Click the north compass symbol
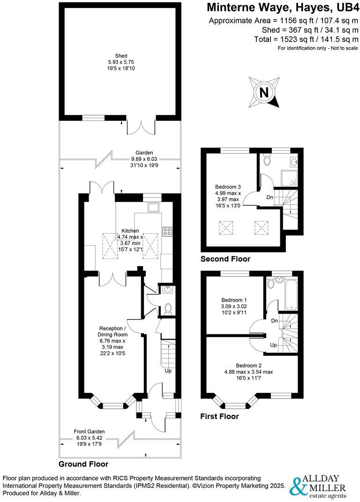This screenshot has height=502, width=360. click(265, 92)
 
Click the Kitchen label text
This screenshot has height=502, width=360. click(130, 230)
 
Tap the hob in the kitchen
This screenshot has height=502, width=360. click(166, 231)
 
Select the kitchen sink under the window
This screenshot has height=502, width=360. click(153, 207)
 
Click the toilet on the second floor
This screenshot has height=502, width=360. click(267, 160)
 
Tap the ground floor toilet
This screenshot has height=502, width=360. click(168, 308)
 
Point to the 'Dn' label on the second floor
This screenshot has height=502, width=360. click(270, 197)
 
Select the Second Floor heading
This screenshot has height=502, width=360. click(225, 259)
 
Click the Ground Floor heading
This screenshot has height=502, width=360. click(83, 464)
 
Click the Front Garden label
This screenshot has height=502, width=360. click(89, 431)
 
